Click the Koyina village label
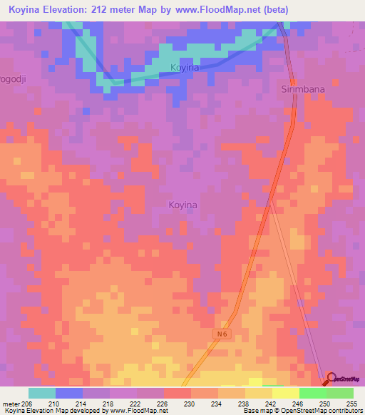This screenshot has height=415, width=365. point(182,205)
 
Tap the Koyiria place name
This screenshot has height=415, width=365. point(185,68)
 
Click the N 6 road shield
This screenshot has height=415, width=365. point(222,333)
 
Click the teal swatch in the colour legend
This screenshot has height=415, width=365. point(42,393)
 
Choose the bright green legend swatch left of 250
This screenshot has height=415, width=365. point(312,393)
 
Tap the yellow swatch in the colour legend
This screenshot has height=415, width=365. point(285,393)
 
